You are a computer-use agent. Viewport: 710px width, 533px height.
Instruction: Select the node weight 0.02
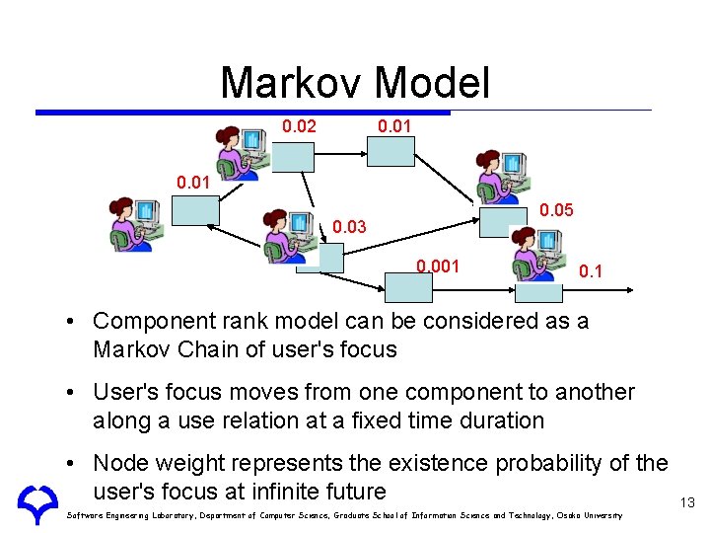coord(299,127)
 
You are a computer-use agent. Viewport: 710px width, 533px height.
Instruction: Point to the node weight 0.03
coord(349,228)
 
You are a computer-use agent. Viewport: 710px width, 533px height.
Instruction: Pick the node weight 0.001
coord(437,266)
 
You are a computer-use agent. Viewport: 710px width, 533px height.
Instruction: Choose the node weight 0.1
coord(592,270)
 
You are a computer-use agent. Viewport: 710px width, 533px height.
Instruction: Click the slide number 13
coord(687,503)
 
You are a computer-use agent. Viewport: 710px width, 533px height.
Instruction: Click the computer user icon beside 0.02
coord(243,152)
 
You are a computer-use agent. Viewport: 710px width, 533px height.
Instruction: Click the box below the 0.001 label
coord(408,285)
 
